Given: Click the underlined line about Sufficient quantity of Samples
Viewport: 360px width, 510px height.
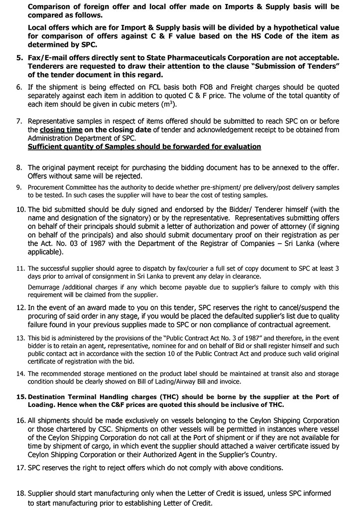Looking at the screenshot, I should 144,146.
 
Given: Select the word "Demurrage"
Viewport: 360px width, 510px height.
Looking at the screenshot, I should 44,287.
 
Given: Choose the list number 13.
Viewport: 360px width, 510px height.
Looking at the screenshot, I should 20,337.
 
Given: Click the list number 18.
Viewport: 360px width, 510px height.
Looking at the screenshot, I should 20,493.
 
